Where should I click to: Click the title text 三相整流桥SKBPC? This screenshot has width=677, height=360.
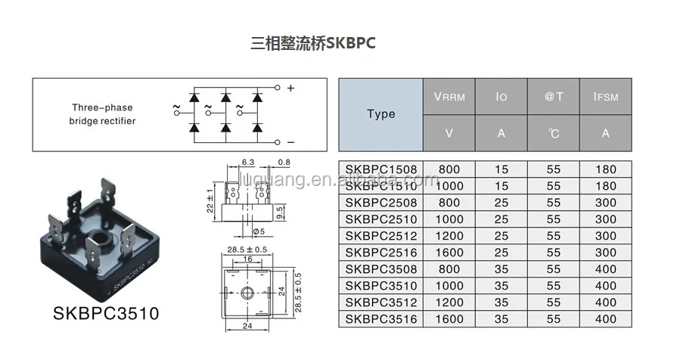tap(312, 44)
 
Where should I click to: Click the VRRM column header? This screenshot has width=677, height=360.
tap(449, 97)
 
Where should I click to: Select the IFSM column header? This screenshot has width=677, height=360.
tap(605, 97)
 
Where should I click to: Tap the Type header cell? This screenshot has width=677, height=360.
tap(380, 114)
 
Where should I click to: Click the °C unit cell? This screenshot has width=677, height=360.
tap(554, 133)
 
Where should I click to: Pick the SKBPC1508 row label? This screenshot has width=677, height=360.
tap(380, 169)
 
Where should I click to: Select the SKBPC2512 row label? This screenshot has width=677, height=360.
tap(380, 236)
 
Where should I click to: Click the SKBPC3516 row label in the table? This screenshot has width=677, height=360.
tap(380, 319)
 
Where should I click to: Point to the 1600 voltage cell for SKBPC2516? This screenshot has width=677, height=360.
tap(449, 253)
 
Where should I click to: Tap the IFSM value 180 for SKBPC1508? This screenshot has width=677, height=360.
tap(605, 169)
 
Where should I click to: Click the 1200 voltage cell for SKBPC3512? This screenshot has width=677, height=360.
tap(449, 303)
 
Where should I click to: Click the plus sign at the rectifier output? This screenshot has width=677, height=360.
tap(290, 88)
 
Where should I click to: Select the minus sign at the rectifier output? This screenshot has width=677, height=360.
tap(290, 142)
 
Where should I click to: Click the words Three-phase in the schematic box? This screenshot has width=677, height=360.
tap(102, 107)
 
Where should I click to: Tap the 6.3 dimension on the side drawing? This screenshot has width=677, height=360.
tap(247, 162)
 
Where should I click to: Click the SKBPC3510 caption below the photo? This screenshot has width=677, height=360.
tap(106, 312)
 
